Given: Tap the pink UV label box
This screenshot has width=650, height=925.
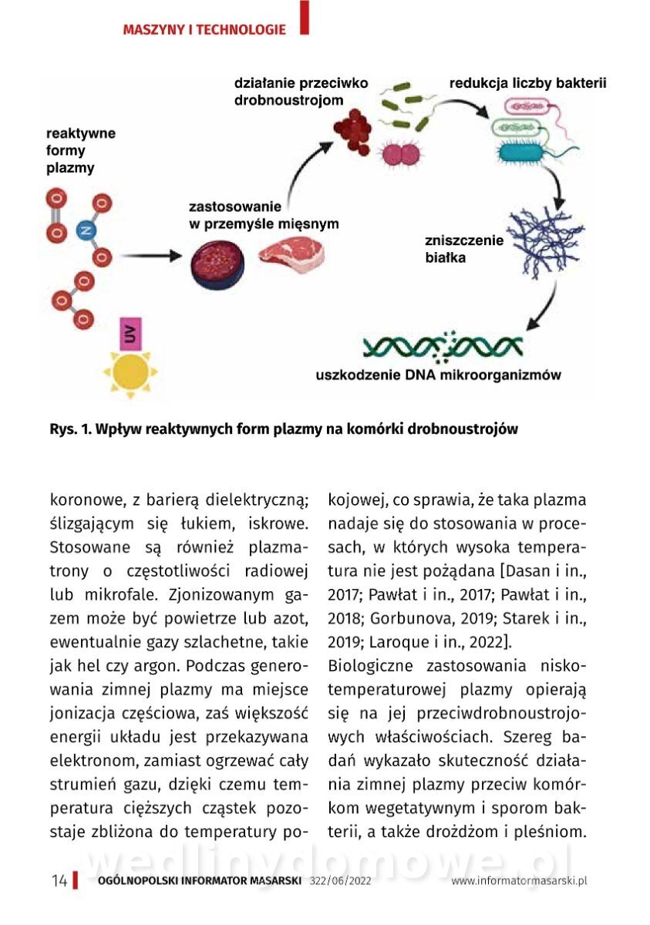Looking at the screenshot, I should point(130,333).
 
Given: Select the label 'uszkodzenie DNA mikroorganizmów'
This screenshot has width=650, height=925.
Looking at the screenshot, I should point(438,376).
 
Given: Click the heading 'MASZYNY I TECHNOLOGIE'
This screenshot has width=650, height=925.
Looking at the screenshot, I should point(204,30).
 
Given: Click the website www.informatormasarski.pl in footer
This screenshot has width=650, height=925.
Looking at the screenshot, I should point(519,881).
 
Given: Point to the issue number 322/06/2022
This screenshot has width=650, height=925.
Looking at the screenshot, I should point(340,881).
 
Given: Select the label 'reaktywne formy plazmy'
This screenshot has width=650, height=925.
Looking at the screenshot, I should point(81,150).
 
